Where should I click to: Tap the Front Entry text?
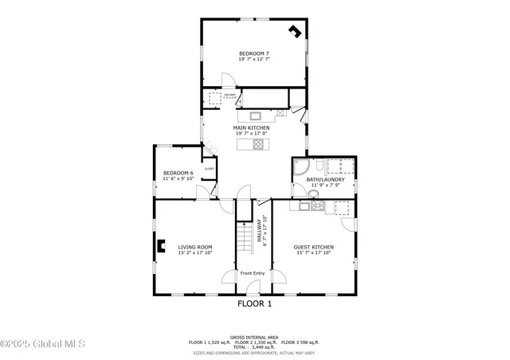click(x=253, y=273)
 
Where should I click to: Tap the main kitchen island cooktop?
click(x=257, y=144)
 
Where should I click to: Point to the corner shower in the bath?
click(x=302, y=168)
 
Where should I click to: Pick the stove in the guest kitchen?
click(x=318, y=206)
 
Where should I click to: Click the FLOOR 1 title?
click(x=255, y=303)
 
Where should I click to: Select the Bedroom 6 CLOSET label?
click(x=210, y=169)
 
